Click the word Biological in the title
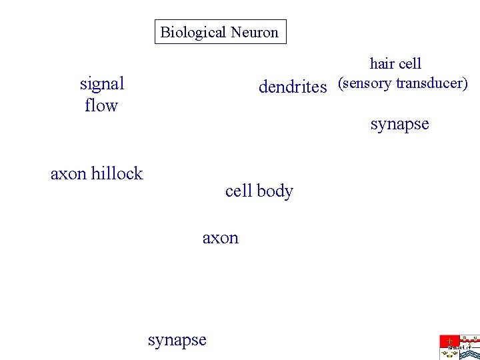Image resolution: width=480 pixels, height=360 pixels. coord(193,32)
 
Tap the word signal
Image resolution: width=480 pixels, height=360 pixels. coord(102,84)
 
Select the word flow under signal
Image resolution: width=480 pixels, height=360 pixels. coord(101,105)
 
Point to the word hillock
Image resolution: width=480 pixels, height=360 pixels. coord(117,173)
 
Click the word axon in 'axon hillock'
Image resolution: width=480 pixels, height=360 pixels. coord(68,174)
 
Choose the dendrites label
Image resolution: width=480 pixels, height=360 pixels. coord(293,87)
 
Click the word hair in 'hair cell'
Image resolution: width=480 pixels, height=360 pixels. coord(381,64)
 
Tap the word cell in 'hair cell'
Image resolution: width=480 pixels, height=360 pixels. coord(409,64)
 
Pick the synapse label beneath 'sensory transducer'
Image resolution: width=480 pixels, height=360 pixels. coord(399,124)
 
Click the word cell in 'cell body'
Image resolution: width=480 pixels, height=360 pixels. coord(238,191)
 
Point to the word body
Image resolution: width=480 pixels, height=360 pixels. coord(275,191)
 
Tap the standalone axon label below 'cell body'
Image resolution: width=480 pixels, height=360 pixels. coord(220,239)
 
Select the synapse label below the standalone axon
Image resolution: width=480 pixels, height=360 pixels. coord(177,340)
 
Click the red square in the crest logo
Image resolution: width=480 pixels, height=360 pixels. coord(449,341)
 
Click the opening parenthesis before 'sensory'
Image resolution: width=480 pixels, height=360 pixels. coord(341,84)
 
